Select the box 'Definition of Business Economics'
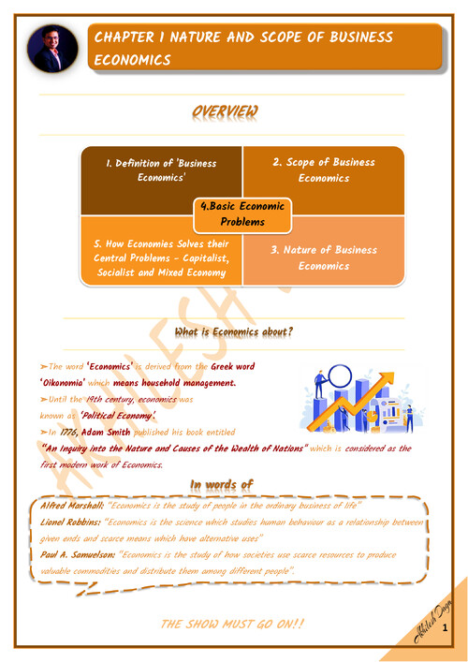tap(160, 169)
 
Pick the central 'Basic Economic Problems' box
tap(242, 213)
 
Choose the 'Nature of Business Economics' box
tap(324, 257)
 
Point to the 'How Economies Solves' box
tap(160, 257)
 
